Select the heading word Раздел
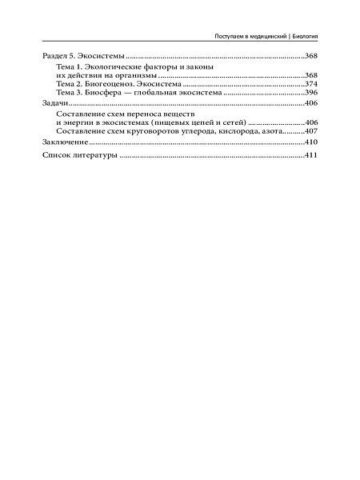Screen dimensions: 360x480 tap(53, 56)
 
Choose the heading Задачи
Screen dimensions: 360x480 tap(54, 104)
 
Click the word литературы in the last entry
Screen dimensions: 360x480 tap(94, 154)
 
